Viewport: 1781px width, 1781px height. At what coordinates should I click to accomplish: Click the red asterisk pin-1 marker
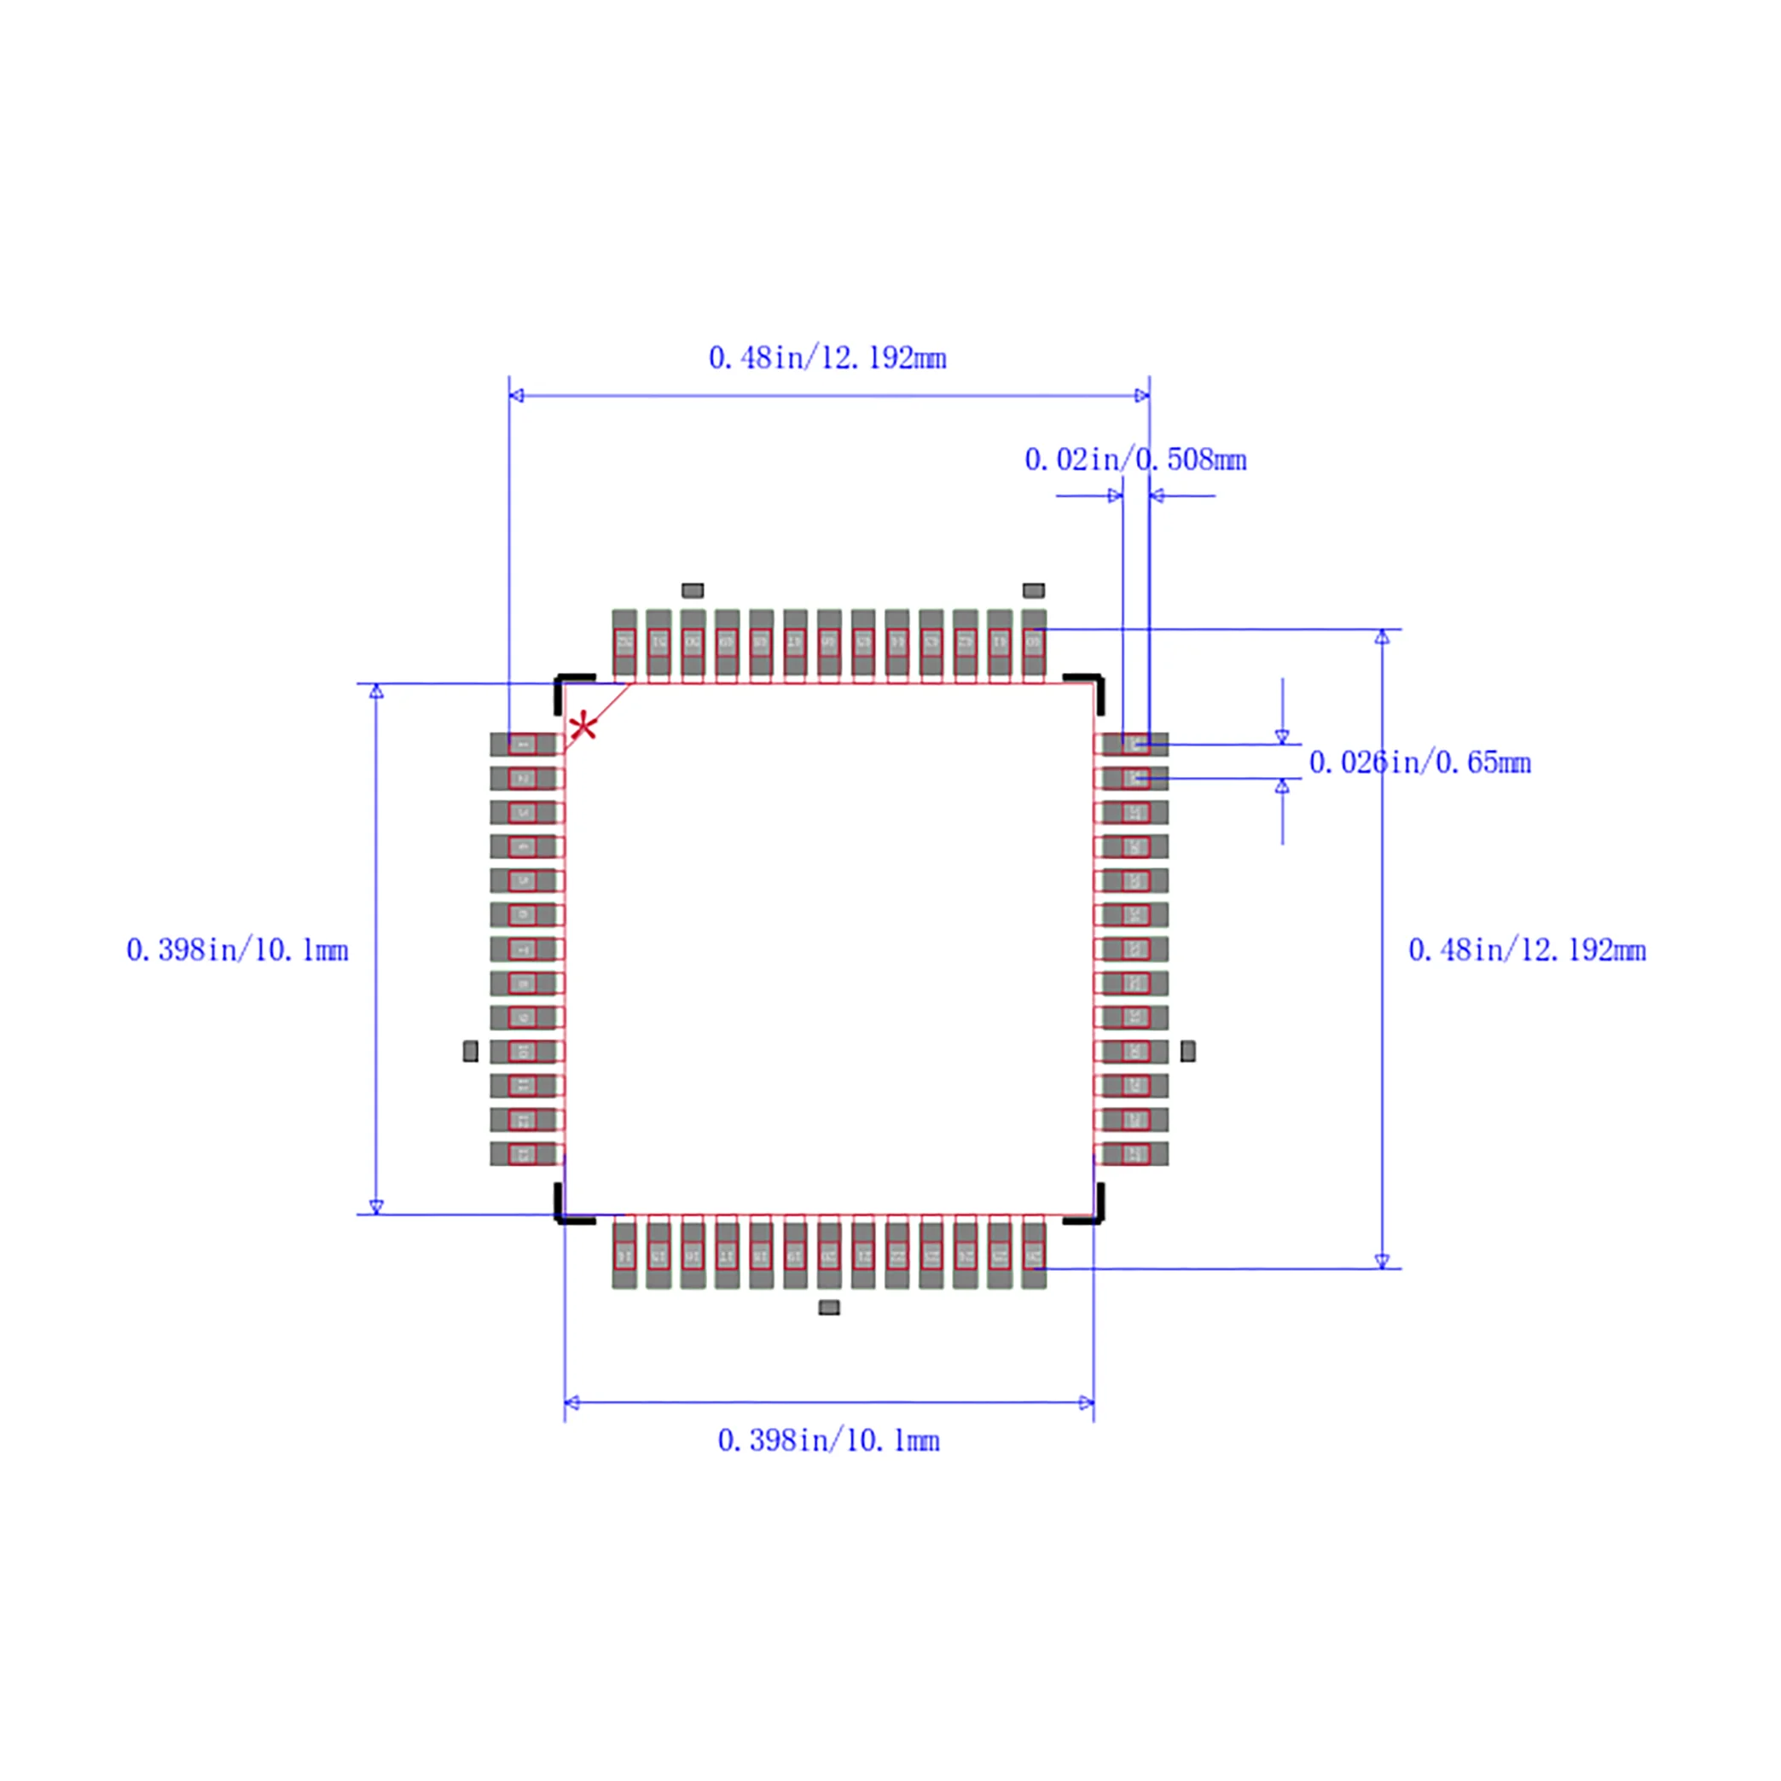583,728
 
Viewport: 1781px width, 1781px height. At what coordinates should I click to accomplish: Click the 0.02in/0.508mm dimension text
1134,459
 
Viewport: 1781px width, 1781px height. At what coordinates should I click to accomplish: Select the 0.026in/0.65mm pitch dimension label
1419,763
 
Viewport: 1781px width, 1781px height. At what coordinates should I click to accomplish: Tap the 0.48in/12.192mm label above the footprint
827,357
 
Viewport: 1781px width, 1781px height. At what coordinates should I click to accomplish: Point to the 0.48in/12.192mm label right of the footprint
1527,949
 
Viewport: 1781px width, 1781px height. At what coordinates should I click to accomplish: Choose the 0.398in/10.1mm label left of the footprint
237,949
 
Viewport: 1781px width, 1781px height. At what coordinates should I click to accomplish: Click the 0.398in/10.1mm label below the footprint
828,1440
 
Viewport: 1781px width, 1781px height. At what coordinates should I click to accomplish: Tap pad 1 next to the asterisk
523,744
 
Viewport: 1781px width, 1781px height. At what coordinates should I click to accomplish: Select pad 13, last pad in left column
523,1153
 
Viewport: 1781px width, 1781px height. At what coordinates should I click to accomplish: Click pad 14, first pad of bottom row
624,1255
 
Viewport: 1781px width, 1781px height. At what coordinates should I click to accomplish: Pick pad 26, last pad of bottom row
1034,1255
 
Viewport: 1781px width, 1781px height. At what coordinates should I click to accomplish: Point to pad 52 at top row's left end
624,642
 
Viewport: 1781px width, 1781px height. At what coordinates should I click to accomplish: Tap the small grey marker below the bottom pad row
829,1307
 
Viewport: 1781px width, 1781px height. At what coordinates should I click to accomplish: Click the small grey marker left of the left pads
470,1051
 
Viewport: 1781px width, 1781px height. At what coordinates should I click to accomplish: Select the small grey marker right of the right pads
1187,1051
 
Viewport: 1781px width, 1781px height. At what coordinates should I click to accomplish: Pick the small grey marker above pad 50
693,590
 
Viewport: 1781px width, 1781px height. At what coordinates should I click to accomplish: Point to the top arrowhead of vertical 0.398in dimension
376,692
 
